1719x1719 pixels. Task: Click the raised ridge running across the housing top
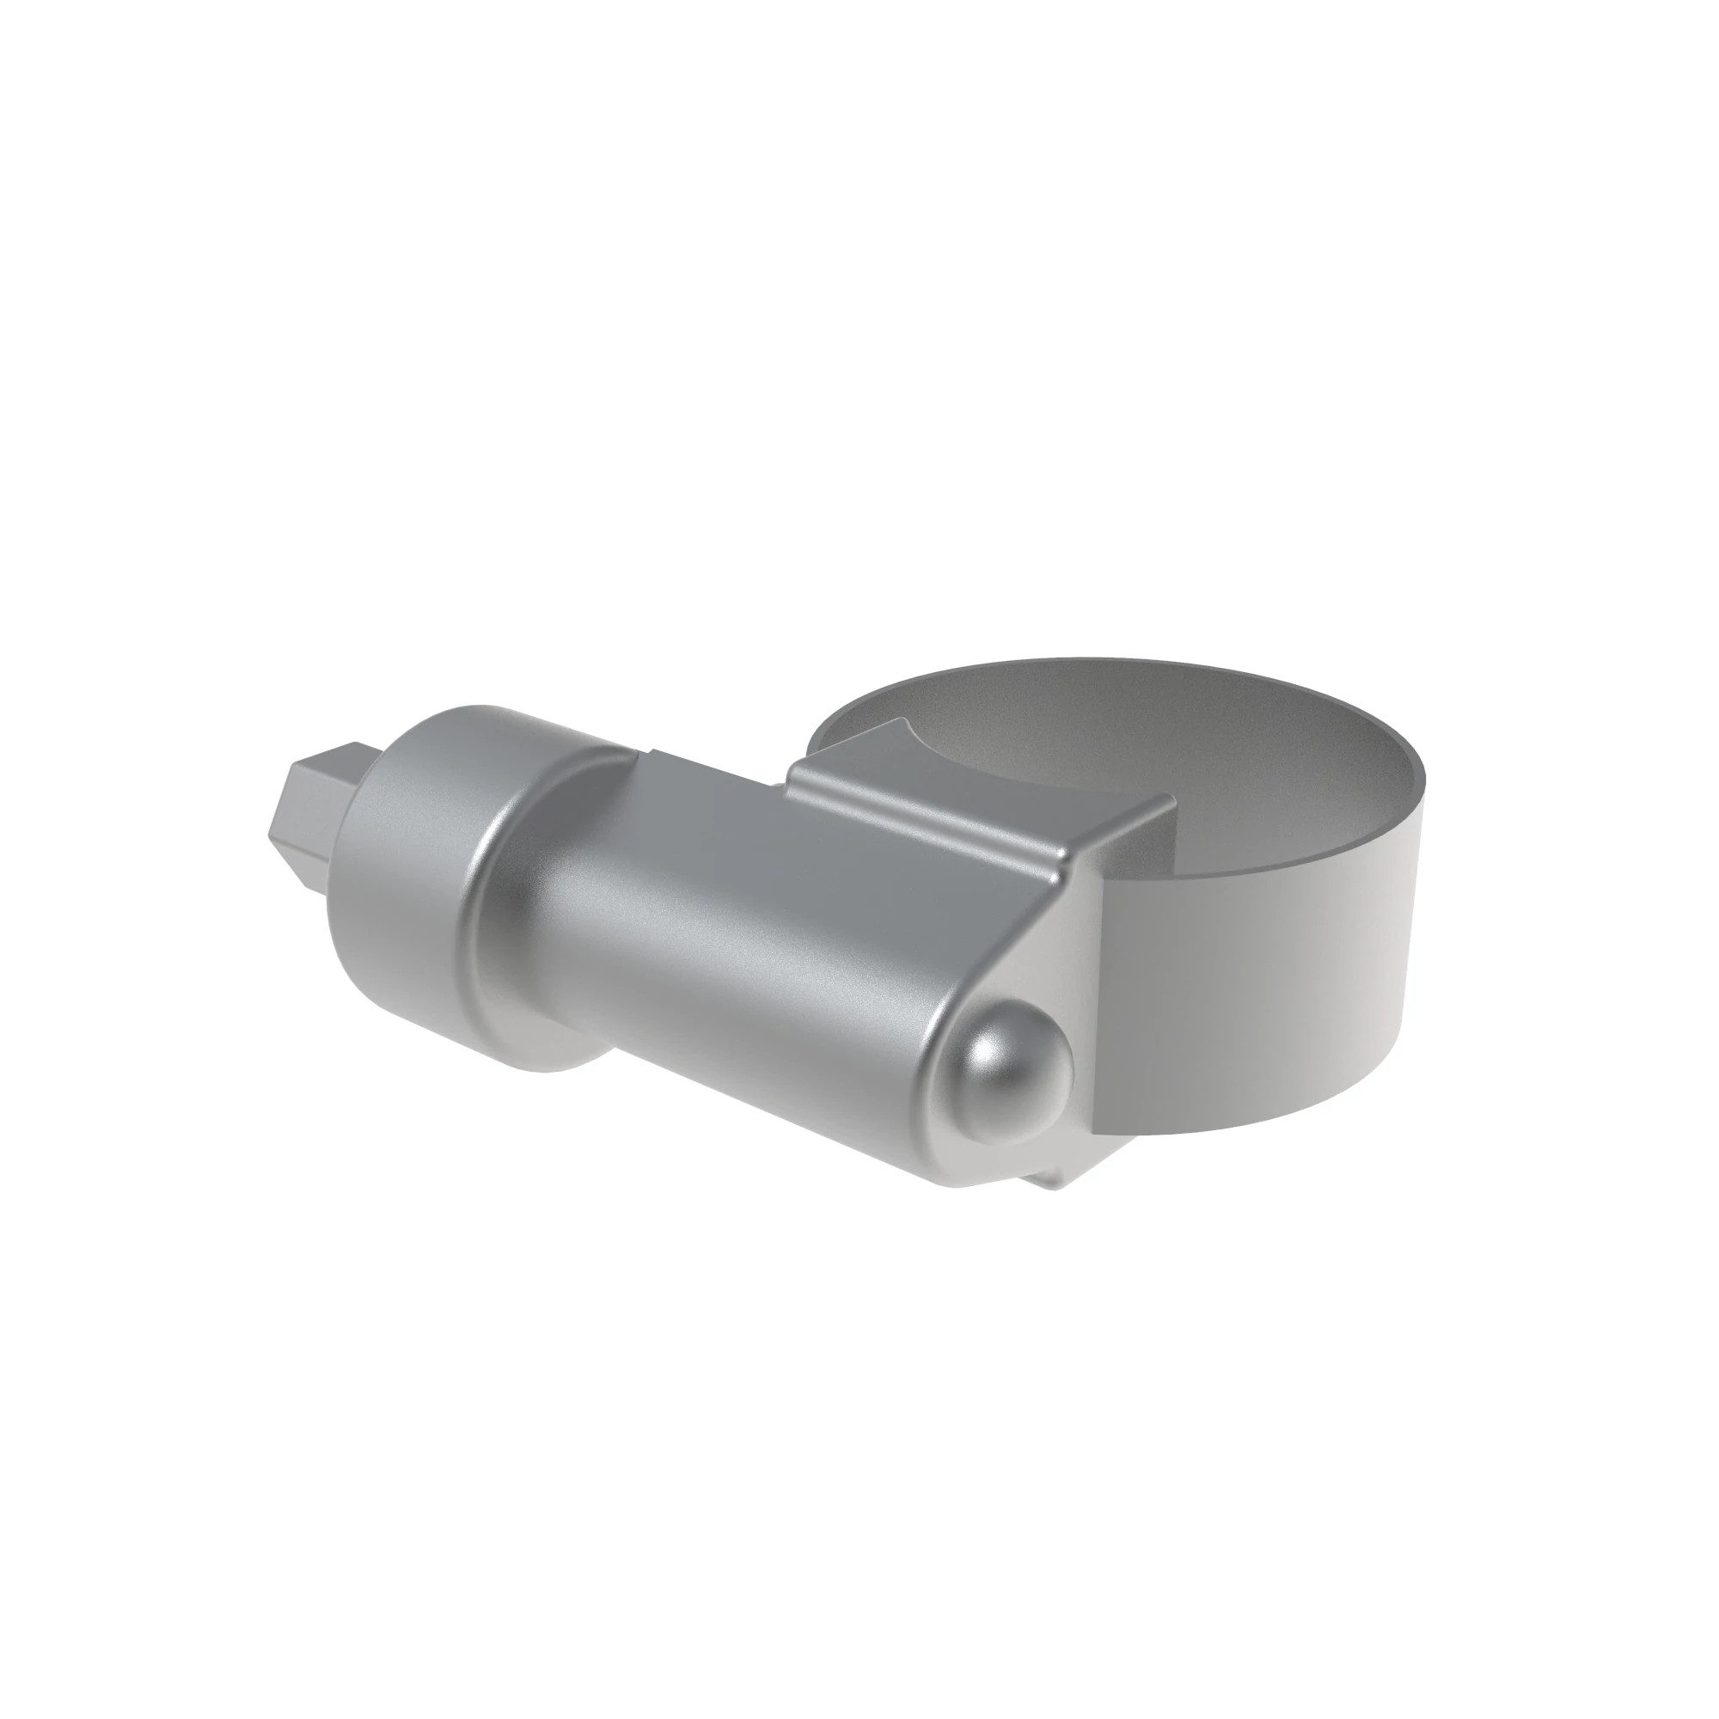[x=926, y=823]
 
